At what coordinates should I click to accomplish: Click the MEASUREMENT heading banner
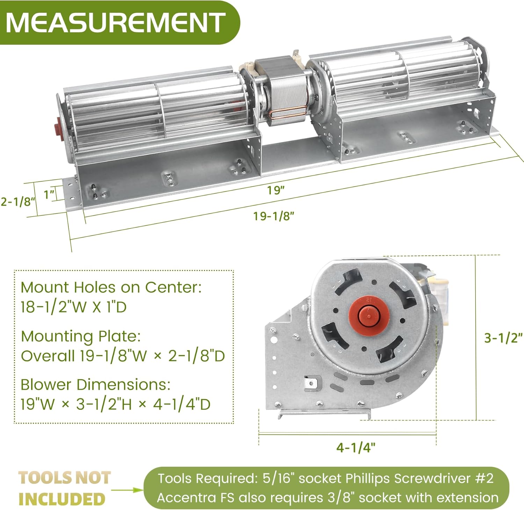(x=115, y=22)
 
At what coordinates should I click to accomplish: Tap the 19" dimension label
(x=276, y=190)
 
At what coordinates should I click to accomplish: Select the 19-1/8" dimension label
(x=274, y=216)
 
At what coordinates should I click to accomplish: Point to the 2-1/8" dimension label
(x=17, y=202)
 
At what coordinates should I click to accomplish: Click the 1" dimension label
(x=49, y=194)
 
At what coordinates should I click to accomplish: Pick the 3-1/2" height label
(x=503, y=338)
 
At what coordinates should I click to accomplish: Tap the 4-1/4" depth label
(x=356, y=447)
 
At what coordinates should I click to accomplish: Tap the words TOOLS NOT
(x=65, y=478)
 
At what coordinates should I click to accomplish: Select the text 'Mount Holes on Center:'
(x=111, y=287)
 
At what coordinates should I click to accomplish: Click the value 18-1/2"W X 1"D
(x=73, y=307)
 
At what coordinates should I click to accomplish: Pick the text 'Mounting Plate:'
(x=81, y=336)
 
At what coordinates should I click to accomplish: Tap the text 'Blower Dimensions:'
(x=95, y=385)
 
